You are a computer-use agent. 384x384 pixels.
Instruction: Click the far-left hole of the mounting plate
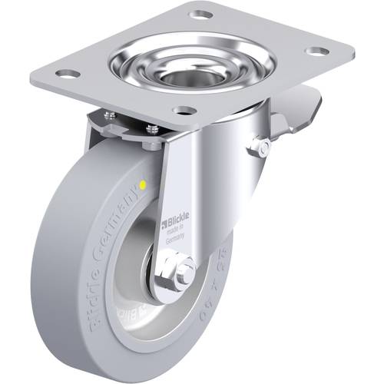coord(67,74)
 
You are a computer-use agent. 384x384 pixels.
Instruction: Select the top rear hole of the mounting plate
coord(201,14)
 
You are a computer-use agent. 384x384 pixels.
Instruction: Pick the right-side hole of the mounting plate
coord(316,51)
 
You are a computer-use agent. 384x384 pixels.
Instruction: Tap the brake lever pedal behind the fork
coord(304,107)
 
